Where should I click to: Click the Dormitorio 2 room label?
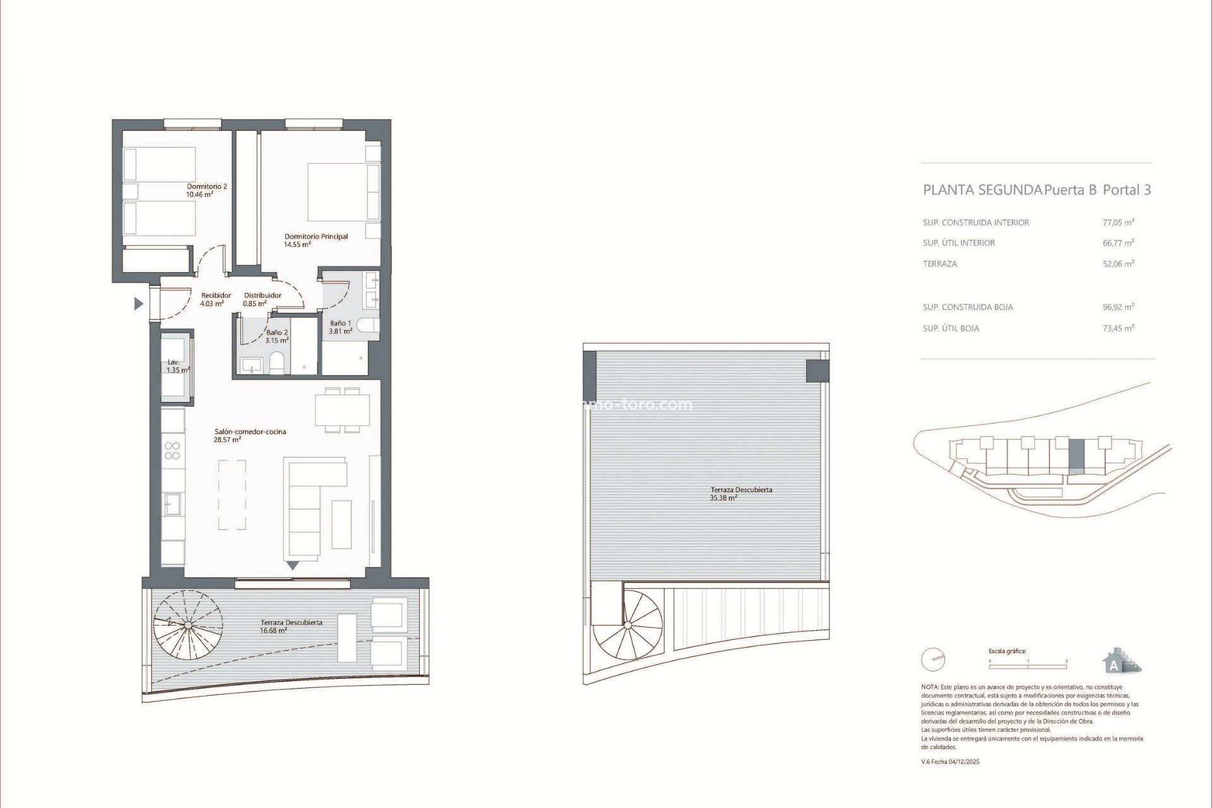click(206, 191)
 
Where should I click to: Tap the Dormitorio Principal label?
click(316, 240)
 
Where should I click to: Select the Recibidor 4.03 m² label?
click(215, 299)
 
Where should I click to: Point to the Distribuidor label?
click(262, 299)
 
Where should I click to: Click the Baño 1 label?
click(340, 327)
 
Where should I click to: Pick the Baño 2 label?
click(277, 336)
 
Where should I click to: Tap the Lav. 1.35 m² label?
click(177, 367)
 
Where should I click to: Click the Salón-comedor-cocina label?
click(249, 436)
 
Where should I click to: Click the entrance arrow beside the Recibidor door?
click(138, 304)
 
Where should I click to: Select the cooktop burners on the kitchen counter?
click(172, 451)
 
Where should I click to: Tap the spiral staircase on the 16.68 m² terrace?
click(187, 625)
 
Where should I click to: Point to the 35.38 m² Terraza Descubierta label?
click(740, 494)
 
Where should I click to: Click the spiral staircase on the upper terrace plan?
click(629, 626)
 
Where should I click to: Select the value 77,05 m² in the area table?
click(1118, 222)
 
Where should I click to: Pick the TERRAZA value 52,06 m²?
click(1118, 264)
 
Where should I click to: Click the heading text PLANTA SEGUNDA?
click(982, 190)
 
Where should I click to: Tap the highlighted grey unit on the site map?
click(1076, 458)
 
